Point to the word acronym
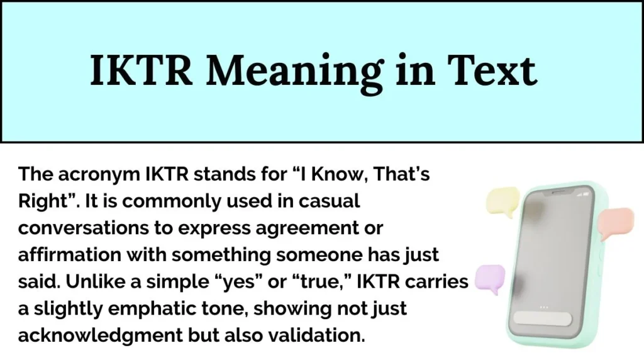pos(87,174)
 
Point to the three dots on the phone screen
pos(544,307)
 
